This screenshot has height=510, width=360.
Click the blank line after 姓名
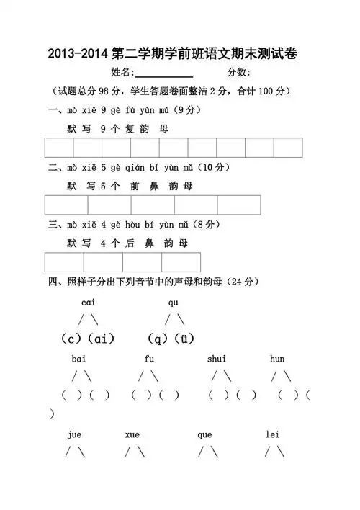tap(163, 73)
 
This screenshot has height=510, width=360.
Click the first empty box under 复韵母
tap(59, 147)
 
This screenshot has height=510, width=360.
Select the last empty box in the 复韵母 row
tap(287, 147)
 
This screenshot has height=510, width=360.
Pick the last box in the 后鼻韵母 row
tap(181, 262)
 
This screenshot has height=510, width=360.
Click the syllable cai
tap(89, 302)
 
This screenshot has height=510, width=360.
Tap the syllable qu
tap(174, 302)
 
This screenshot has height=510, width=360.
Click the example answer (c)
tap(73, 338)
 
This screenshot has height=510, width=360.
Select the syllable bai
tap(79, 359)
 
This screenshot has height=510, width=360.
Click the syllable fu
tap(149, 359)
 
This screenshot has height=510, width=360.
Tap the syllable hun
tap(277, 359)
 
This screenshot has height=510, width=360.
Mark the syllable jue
tap(75, 434)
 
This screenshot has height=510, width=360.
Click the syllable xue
tap(132, 434)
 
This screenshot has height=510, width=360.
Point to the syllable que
tap(204, 434)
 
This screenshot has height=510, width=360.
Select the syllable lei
tap(272, 434)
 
